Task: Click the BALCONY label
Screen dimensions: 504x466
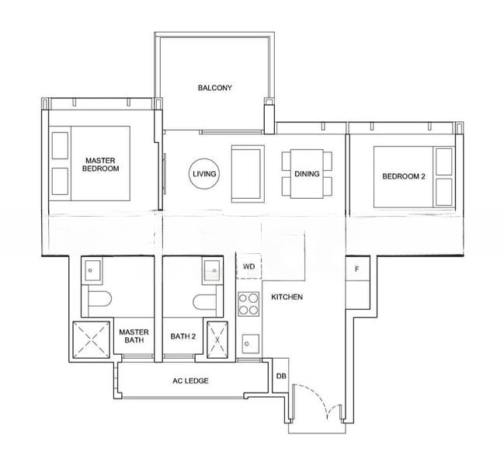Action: click(x=214, y=88)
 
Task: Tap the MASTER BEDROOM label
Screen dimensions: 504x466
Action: click(x=101, y=164)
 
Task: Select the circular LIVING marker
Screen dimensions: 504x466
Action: click(x=204, y=174)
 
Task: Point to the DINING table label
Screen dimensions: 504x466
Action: click(x=307, y=174)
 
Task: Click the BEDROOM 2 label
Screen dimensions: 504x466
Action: click(x=404, y=176)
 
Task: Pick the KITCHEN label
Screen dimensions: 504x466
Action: click(x=287, y=297)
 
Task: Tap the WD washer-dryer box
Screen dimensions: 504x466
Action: click(x=249, y=266)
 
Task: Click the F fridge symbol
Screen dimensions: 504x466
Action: click(x=357, y=269)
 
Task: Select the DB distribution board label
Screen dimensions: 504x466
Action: click(x=281, y=376)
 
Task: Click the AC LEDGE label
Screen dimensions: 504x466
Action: click(x=190, y=381)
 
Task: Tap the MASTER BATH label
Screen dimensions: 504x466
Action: click(x=134, y=336)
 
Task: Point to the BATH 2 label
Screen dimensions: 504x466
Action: click(x=183, y=336)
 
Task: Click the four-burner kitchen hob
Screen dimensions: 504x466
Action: click(x=249, y=304)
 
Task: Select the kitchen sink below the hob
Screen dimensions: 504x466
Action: click(x=250, y=343)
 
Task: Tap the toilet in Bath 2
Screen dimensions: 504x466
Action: click(x=204, y=302)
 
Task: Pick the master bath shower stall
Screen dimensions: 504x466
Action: click(x=92, y=339)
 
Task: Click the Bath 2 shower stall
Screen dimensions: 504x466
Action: click(x=217, y=339)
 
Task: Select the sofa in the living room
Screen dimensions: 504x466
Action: click(x=248, y=173)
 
